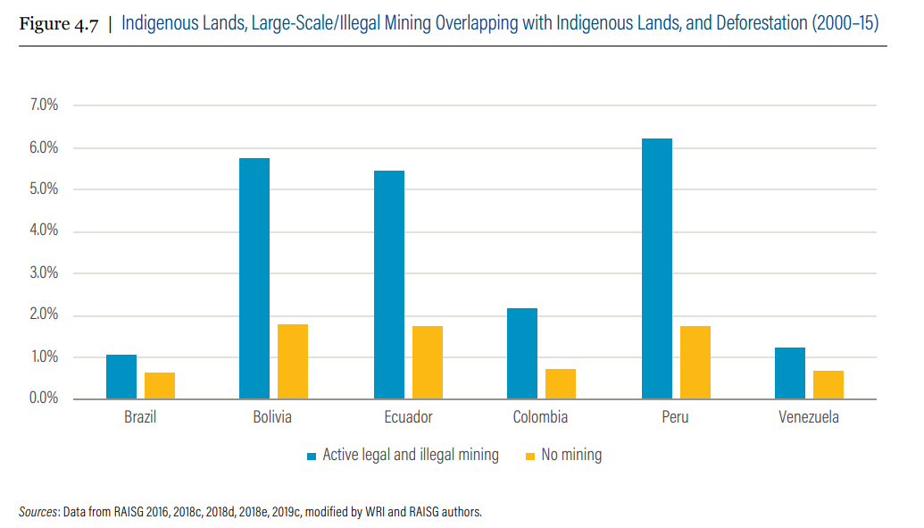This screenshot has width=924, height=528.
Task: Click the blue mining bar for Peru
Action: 656,268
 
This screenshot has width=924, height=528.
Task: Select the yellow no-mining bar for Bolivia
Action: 293,361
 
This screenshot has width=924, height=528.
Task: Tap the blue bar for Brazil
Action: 121,376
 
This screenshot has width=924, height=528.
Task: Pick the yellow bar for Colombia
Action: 561,383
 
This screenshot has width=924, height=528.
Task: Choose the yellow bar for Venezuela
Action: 828,384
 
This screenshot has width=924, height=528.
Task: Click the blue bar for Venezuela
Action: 790,373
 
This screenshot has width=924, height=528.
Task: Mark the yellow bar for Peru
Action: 695,362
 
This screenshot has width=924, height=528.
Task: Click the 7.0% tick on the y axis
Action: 43,105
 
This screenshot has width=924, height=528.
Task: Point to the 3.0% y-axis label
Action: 43,273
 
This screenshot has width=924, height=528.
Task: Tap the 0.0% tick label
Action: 43,398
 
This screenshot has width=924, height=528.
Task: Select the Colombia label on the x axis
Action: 540,417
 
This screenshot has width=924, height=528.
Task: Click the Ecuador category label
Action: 408,417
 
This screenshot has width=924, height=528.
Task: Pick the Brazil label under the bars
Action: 140,417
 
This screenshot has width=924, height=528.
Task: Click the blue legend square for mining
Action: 312,456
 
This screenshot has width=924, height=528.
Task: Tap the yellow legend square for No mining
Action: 530,456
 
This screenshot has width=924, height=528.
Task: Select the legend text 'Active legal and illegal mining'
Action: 411,455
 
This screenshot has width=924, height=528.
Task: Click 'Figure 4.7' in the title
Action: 58,23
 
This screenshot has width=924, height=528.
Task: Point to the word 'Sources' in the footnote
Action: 38,513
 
